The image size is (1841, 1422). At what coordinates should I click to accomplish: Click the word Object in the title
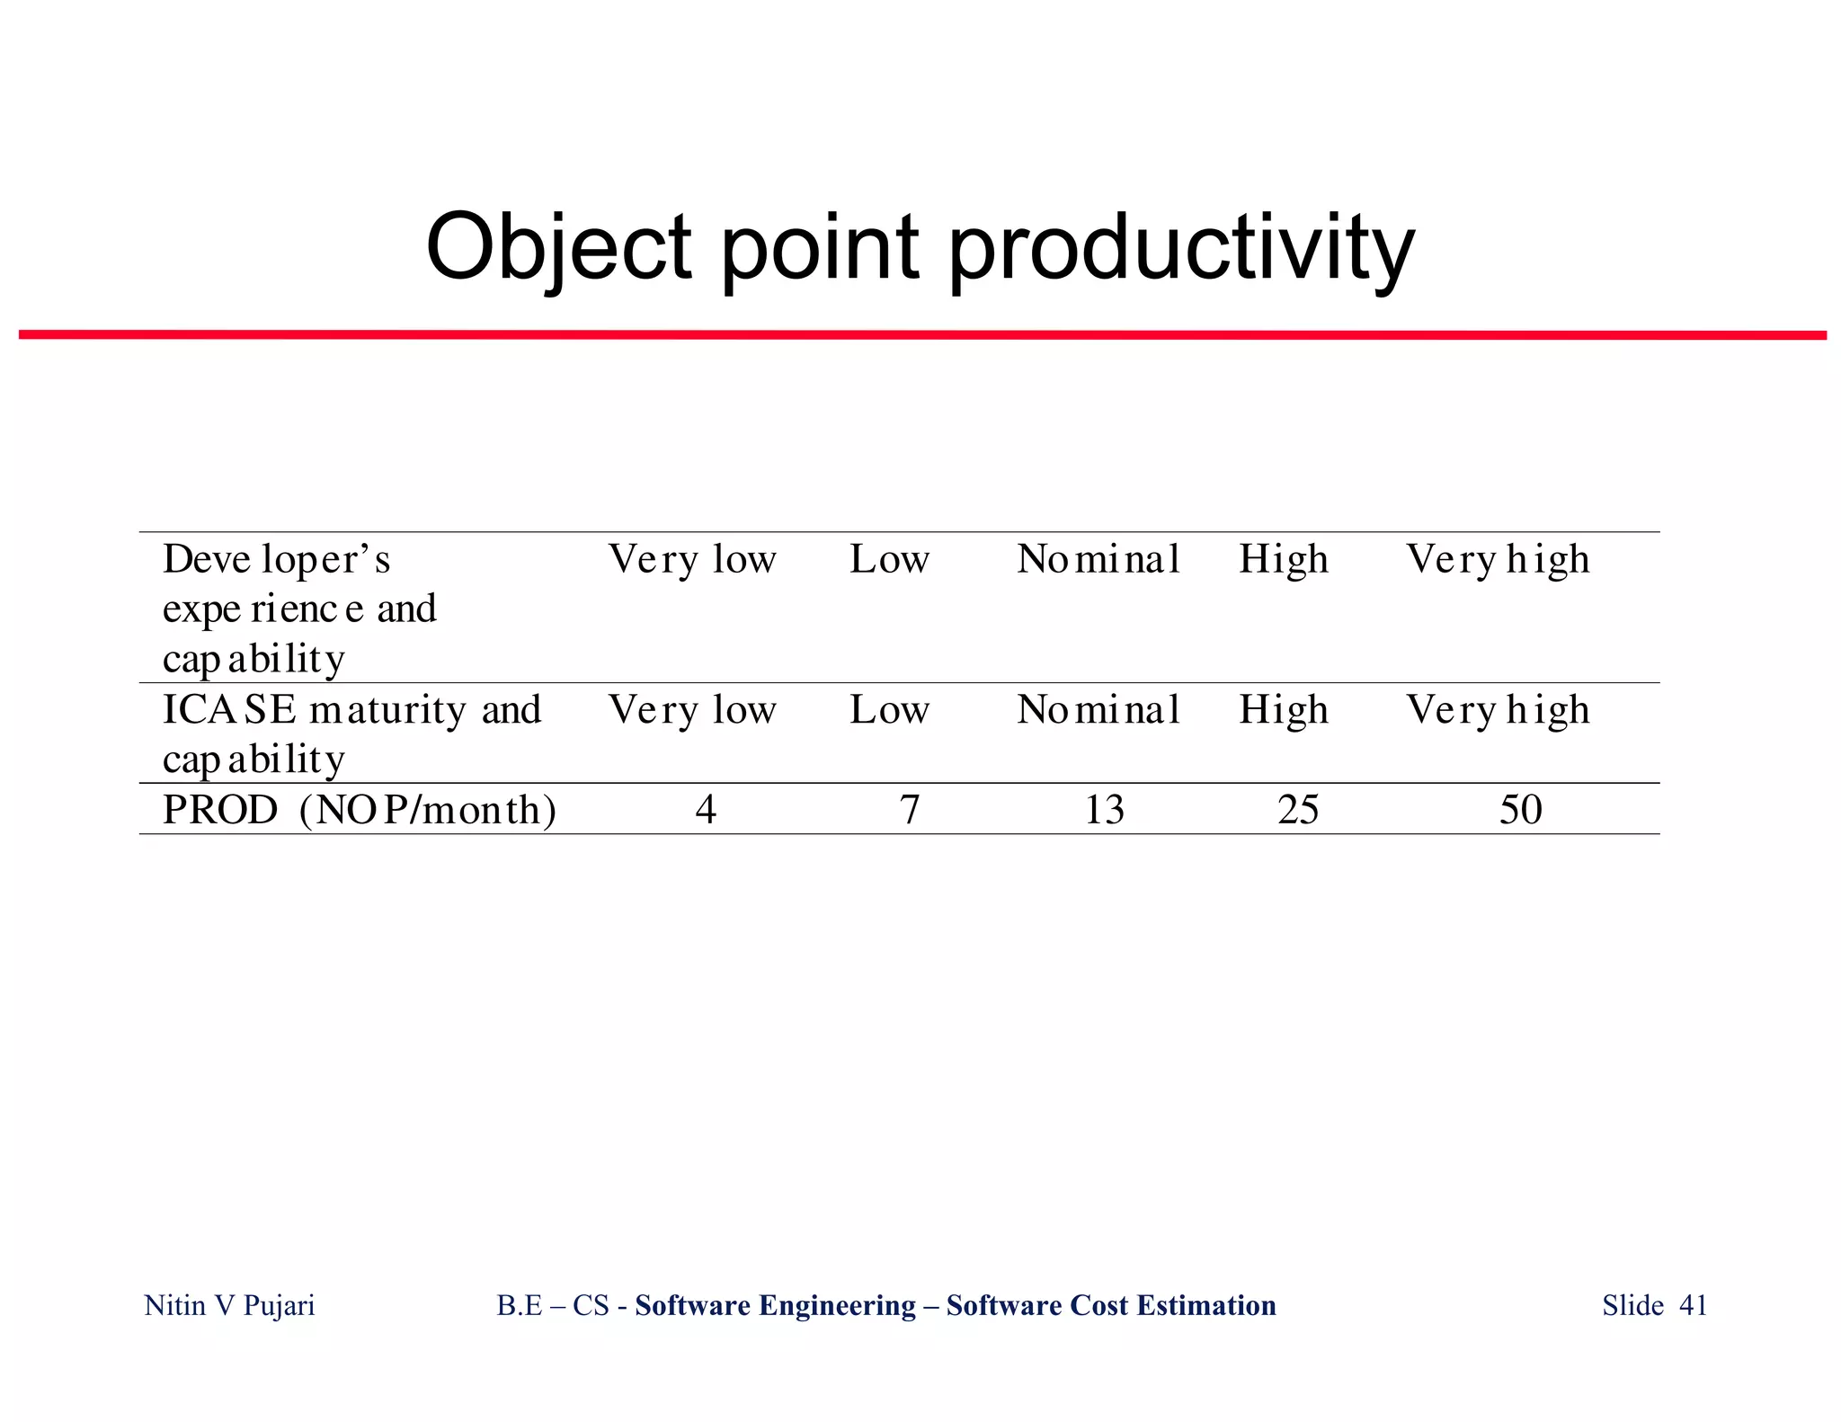coord(558,247)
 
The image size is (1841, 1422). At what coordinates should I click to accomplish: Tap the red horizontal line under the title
coord(922,335)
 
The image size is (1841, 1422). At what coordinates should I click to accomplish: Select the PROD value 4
coord(706,810)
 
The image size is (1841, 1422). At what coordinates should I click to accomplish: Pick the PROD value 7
coord(910,810)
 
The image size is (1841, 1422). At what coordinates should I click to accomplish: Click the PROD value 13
coord(1104,810)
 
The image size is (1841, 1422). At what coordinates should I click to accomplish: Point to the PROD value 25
coord(1298,810)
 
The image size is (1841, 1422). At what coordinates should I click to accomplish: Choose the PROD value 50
coord(1520,810)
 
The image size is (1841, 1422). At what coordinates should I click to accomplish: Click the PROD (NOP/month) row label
coord(359,810)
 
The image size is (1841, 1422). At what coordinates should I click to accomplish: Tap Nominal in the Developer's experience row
coord(1098,559)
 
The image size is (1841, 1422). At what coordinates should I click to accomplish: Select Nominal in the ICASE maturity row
coord(1098,710)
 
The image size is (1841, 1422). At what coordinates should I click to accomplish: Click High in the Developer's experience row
coord(1283,560)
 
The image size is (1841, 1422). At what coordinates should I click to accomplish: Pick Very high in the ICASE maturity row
coord(1498,710)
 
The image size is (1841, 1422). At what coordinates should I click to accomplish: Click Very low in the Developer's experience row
coord(691,559)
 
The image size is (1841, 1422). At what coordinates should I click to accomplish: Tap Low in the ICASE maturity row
coord(889,710)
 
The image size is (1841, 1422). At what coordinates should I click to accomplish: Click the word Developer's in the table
coord(276,559)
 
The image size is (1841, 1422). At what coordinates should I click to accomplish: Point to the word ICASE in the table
coord(229,710)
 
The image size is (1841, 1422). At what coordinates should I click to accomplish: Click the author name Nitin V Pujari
coord(229,1305)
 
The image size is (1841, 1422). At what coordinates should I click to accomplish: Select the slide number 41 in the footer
coord(1693,1305)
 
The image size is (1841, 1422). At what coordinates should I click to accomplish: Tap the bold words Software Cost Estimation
coord(1111,1305)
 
